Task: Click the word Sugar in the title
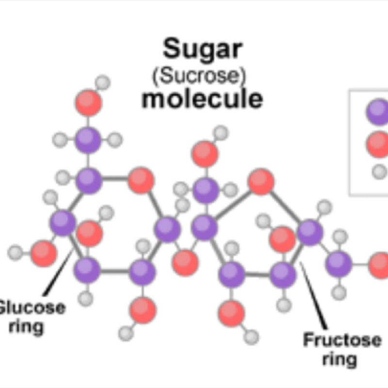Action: tap(203, 49)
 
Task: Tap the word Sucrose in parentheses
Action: tap(199, 76)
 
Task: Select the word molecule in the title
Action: tap(202, 99)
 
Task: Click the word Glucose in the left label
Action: tap(32, 308)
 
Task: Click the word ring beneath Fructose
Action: tap(339, 359)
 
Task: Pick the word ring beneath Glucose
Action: tap(26, 327)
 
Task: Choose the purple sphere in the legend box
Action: tap(378, 112)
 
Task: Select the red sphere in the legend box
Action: tap(378, 145)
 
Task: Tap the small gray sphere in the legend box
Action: tap(379, 171)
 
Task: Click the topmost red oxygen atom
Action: tap(88, 103)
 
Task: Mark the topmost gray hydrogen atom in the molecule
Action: tap(103, 82)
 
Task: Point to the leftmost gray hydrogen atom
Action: tap(15, 253)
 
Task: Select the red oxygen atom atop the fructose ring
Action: tap(261, 181)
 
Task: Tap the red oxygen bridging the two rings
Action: tap(185, 263)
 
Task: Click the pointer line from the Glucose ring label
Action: tap(58, 273)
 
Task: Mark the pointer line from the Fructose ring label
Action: tap(313, 295)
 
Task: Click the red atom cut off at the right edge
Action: tap(379, 265)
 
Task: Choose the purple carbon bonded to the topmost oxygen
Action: tap(88, 140)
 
